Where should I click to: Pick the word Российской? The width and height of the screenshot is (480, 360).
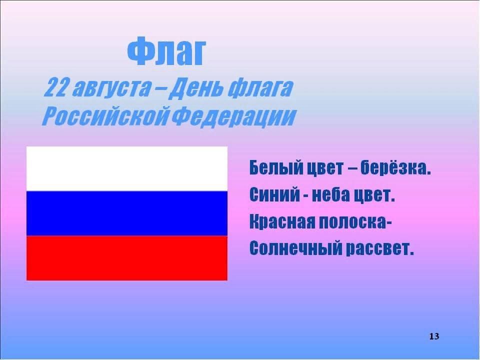pos(105,116)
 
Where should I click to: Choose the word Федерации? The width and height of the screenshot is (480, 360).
pos(233,116)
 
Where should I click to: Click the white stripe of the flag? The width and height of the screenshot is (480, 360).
pos(127,169)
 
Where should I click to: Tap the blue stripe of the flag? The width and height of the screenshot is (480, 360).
pos(127,213)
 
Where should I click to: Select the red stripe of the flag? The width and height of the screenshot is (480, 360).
pos(127,258)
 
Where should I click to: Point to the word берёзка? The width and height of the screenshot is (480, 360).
pos(395,167)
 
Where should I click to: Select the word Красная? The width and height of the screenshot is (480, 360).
pos(282,221)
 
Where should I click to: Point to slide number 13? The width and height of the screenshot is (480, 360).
pos(434,336)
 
